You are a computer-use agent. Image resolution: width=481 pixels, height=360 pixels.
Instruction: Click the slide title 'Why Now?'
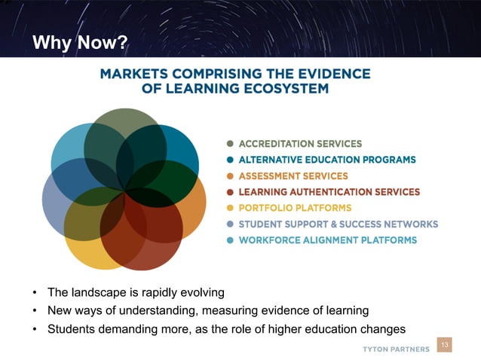click(x=80, y=43)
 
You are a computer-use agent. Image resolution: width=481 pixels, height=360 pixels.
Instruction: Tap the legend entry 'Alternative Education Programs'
click(x=326, y=160)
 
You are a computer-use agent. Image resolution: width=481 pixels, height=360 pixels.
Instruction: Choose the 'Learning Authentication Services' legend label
click(x=329, y=192)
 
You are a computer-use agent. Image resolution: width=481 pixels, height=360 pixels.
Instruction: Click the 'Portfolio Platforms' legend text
click(x=284, y=208)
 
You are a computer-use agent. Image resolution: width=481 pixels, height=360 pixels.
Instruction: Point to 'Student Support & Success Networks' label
click(x=338, y=224)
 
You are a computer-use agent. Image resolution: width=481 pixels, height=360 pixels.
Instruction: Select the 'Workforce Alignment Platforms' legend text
click(x=327, y=240)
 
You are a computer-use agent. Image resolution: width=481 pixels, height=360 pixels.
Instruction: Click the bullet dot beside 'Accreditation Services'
click(x=230, y=144)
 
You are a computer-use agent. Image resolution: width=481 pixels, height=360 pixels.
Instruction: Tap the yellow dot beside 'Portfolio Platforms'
click(x=230, y=208)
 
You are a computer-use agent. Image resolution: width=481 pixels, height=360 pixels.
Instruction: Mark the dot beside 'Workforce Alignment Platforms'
click(x=230, y=240)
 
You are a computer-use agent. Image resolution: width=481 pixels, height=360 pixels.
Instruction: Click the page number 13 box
click(x=444, y=345)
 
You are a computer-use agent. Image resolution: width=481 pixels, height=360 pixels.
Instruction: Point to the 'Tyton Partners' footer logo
click(x=396, y=349)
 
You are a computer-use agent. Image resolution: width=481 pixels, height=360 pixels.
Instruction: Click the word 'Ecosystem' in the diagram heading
click(x=291, y=88)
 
